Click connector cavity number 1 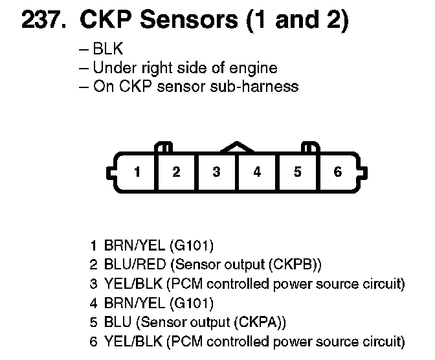137,172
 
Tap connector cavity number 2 176,172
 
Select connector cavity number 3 217,172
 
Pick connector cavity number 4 257,172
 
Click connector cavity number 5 297,172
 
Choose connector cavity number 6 337,172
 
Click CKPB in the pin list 298,265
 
